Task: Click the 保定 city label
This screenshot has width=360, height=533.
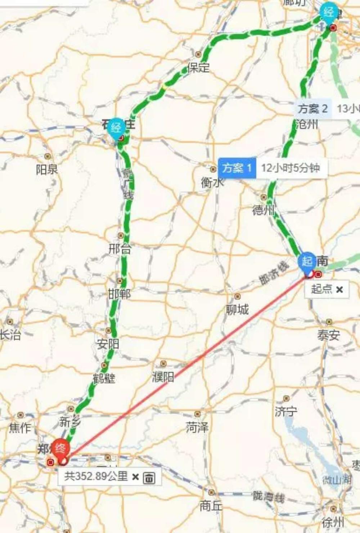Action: (198, 67)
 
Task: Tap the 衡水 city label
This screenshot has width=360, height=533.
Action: (212, 183)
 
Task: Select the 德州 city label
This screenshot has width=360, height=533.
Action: (264, 210)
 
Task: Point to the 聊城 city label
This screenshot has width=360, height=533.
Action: (237, 309)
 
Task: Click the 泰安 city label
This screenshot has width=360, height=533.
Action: (328, 335)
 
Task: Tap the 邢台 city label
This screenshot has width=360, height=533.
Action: (120, 248)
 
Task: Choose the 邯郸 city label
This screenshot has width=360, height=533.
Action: (119, 294)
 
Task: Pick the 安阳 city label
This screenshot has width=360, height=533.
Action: (108, 344)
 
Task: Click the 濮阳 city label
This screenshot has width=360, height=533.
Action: (163, 377)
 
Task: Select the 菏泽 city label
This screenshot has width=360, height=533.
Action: (197, 427)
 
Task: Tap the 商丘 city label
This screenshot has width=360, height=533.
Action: (211, 506)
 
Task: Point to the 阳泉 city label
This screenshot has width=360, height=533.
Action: (47, 169)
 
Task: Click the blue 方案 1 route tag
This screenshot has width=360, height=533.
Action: (237, 168)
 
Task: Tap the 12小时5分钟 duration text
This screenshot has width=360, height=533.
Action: (291, 168)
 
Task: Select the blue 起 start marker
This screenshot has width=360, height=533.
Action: (307, 261)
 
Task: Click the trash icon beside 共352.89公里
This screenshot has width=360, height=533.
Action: (149, 478)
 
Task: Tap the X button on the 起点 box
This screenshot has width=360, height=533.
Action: (339, 289)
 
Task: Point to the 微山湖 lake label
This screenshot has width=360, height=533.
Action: (337, 479)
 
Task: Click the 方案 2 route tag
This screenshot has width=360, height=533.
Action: (312, 108)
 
